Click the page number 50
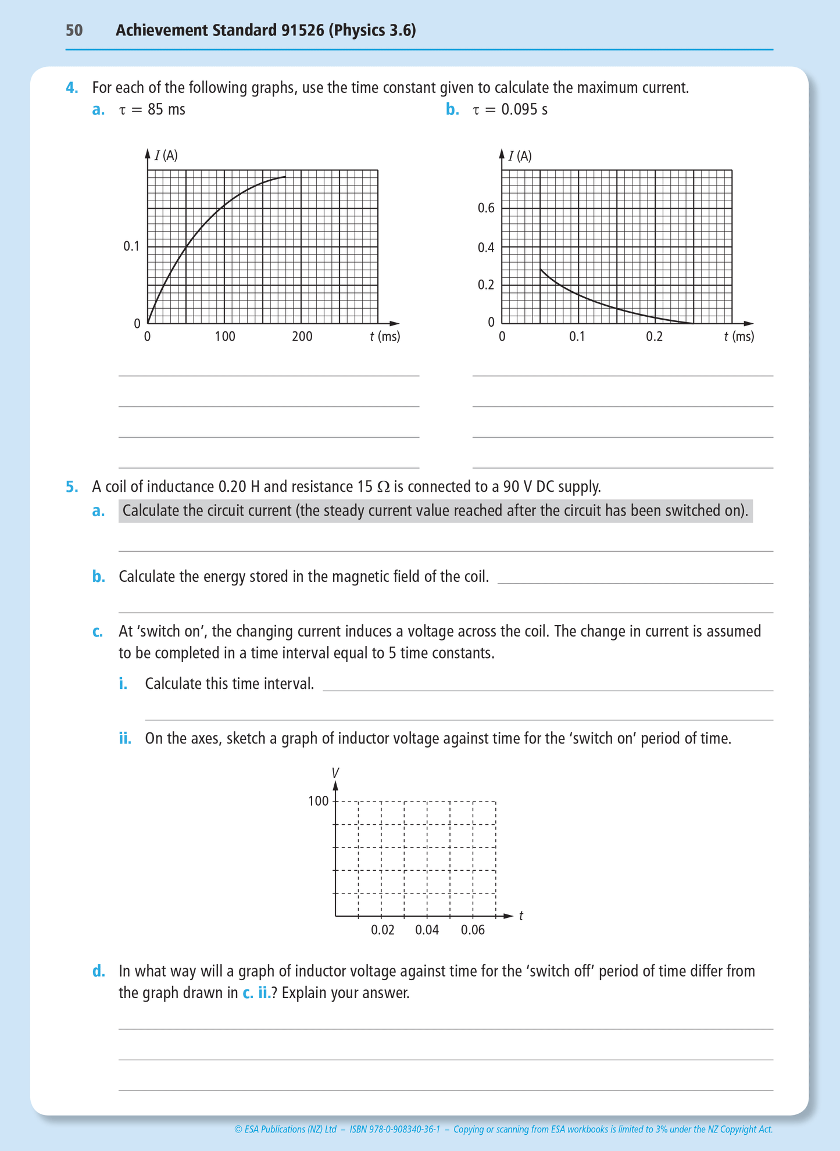tap(74, 30)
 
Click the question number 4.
tap(72, 88)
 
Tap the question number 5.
tap(72, 487)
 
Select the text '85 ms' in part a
tap(166, 109)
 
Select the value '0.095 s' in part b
tap(524, 109)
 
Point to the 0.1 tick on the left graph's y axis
tap(132, 246)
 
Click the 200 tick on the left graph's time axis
tap(302, 336)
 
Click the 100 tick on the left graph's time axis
tap(225, 336)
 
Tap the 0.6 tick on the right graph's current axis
tap(486, 208)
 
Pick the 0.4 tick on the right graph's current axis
tap(486, 248)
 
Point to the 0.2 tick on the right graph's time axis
tap(654, 336)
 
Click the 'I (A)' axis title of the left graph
tap(166, 155)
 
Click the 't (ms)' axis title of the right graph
tap(739, 336)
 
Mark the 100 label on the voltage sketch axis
tap(318, 801)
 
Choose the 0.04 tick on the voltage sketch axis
tap(427, 930)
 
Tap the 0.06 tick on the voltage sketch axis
tap(473, 930)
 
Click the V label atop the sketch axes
tap(335, 773)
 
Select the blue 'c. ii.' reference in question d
tap(257, 992)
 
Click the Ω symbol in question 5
tap(383, 487)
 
